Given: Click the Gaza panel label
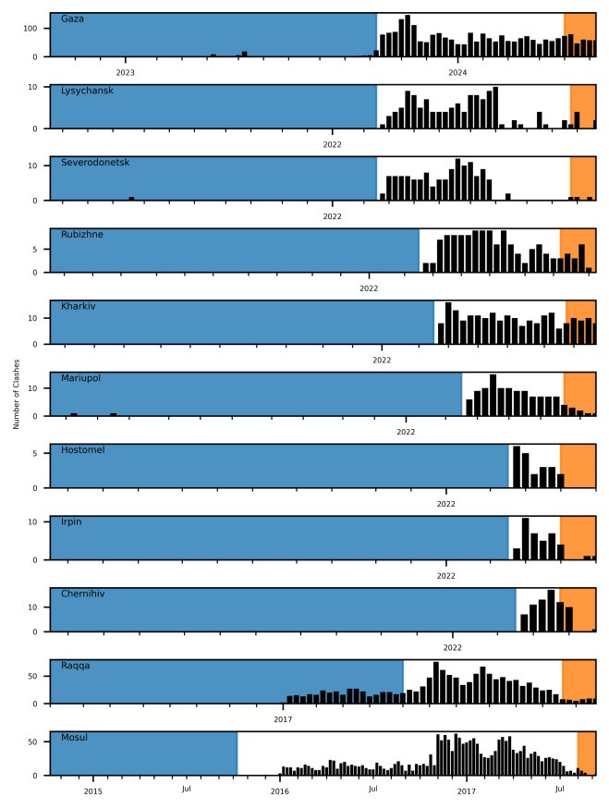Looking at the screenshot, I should point(72,18).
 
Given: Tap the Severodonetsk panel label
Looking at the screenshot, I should point(95,163).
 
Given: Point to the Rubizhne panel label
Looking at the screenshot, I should point(82,235).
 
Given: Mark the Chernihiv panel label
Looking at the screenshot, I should point(83,594).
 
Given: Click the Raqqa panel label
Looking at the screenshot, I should point(76,666).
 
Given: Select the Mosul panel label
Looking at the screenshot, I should point(74,738).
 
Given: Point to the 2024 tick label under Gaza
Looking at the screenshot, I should point(457,72).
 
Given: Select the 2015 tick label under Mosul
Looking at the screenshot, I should point(92,791).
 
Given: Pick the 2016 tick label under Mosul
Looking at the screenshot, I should point(280,791).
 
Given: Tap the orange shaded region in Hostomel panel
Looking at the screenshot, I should point(578,466).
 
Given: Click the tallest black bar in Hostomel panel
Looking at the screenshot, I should point(517,467).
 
